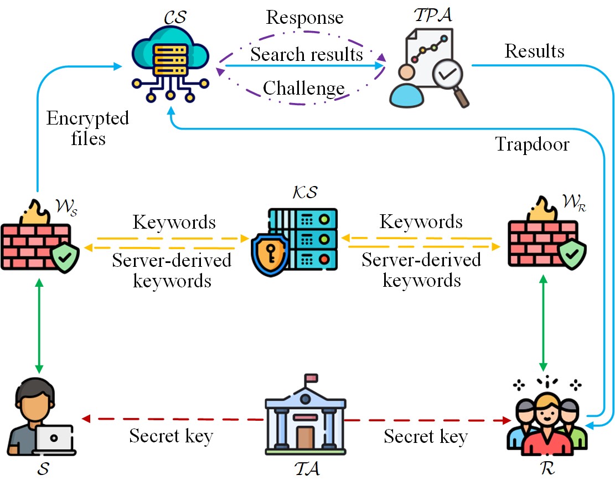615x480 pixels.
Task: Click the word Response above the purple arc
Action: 304,17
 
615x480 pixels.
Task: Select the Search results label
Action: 307,54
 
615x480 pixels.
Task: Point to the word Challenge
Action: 303,87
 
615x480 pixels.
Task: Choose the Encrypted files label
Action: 87,127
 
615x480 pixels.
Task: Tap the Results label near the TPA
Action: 534,51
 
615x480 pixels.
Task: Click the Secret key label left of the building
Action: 171,436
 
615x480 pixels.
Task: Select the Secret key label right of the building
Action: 425,437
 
